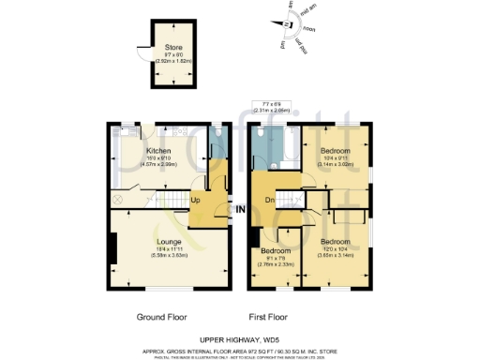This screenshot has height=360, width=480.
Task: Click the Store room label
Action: coord(174,46)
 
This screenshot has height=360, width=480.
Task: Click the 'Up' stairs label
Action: coord(196,200)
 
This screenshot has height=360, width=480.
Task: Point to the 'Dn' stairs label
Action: coord(268,200)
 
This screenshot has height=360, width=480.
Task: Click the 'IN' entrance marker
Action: coord(240,208)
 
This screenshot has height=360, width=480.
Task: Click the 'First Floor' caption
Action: coord(268,317)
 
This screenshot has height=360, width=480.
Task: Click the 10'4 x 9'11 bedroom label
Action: coord(335,150)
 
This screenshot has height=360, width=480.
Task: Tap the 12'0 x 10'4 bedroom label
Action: coord(335,242)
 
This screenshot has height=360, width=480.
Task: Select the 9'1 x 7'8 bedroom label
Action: coord(275,251)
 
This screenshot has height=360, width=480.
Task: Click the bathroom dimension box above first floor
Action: coord(272,107)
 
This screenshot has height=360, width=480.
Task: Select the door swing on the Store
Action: coord(143,54)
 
